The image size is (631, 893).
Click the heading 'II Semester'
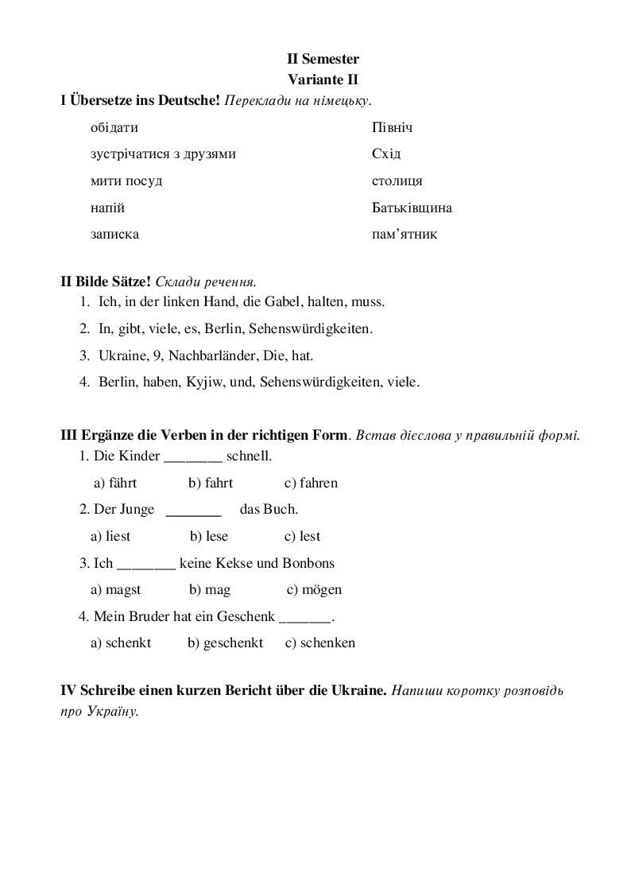tap(323, 59)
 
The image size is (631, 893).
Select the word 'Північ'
tap(392, 128)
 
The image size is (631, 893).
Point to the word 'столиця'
tap(397, 181)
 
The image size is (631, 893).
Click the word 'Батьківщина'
tap(412, 208)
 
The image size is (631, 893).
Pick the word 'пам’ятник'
tap(404, 235)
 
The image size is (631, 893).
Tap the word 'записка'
tap(115, 235)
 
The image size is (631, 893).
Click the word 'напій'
tap(108, 208)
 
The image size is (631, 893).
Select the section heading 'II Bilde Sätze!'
tap(106, 281)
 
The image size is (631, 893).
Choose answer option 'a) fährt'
tap(115, 483)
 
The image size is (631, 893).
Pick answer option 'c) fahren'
tap(311, 483)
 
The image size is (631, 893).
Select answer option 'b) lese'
tap(208, 536)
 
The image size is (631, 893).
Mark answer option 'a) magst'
tap(116, 589)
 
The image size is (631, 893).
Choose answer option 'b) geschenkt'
tap(225, 643)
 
